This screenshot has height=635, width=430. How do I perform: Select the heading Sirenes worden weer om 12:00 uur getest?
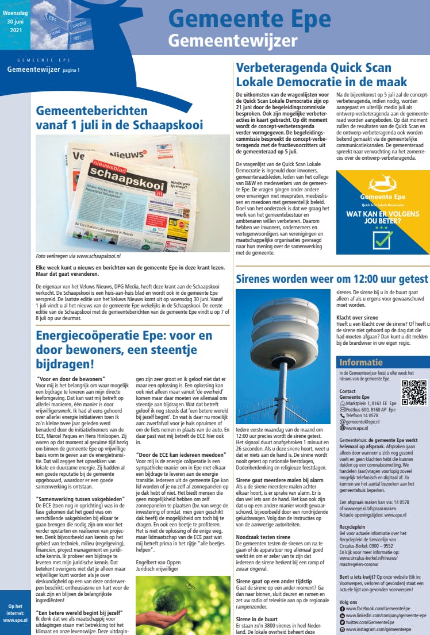[332, 279]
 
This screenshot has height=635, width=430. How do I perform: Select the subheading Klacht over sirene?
[357, 317]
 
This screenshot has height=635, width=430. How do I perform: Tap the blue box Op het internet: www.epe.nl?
[16, 613]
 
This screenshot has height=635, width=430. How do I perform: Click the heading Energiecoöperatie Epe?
[124, 349]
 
